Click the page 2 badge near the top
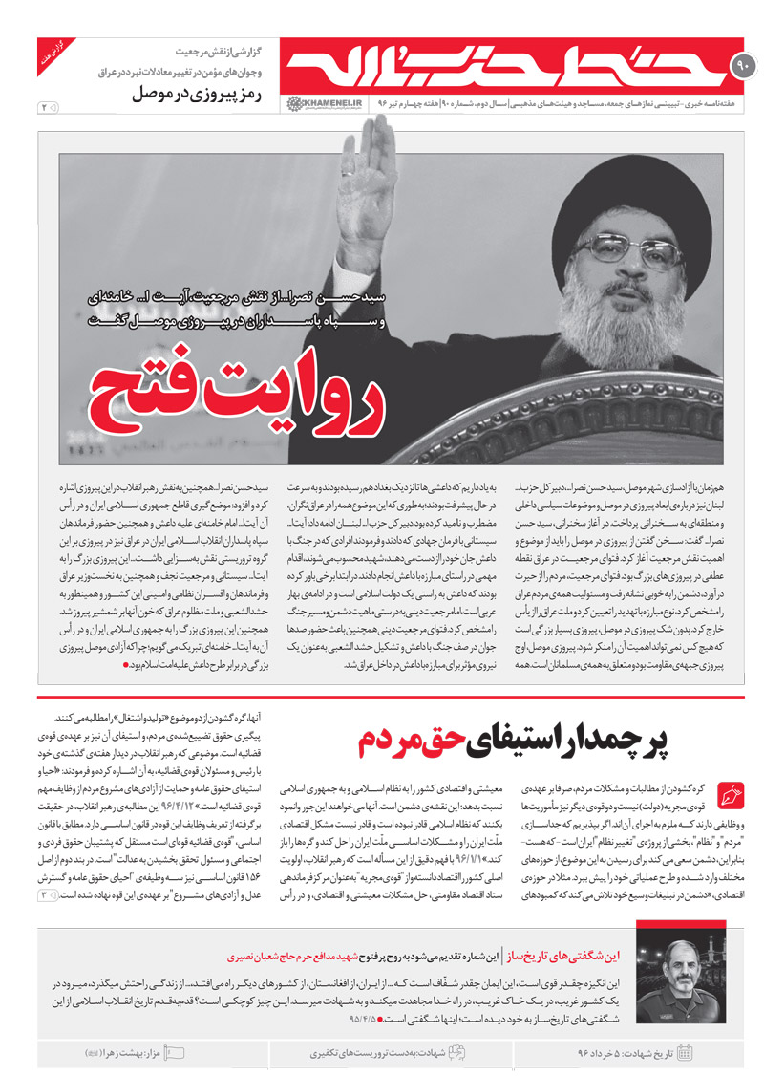pos(45,108)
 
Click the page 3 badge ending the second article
pos(44,894)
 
